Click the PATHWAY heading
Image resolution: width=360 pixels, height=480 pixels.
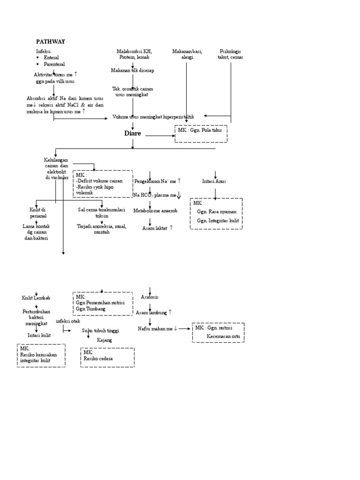(x=51, y=41)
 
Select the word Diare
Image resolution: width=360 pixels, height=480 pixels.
(x=133, y=134)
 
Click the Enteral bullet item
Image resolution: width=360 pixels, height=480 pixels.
(x=51, y=57)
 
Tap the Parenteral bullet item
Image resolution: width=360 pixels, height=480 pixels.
(x=54, y=64)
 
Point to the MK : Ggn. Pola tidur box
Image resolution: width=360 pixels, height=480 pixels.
(x=201, y=134)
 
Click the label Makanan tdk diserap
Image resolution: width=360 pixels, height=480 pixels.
(x=132, y=70)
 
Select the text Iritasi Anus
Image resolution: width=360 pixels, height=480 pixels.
(x=214, y=181)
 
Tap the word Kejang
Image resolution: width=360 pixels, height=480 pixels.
(x=105, y=340)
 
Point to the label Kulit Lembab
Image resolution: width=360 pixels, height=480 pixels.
(x=36, y=298)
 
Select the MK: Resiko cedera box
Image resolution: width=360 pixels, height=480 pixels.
(x=107, y=357)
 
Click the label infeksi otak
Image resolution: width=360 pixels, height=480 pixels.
(x=68, y=321)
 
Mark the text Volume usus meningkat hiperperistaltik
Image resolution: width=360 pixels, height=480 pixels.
(x=153, y=116)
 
